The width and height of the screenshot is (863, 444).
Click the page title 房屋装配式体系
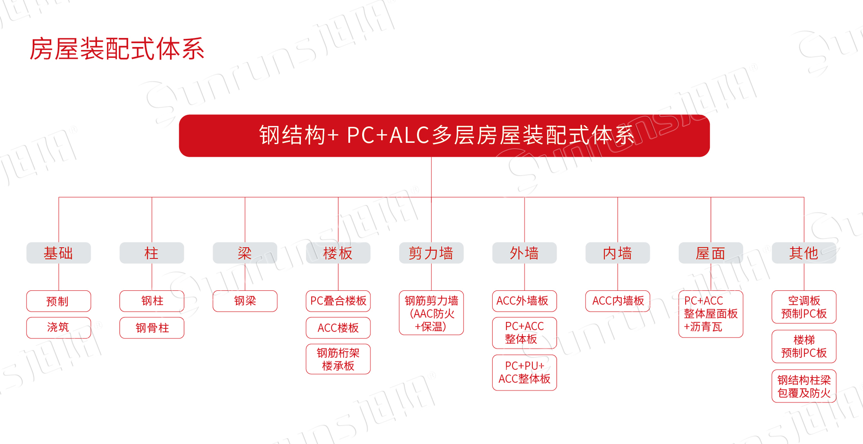(x=117, y=49)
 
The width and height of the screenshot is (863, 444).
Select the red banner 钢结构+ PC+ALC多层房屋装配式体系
(x=444, y=136)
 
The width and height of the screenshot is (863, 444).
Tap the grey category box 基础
(x=58, y=253)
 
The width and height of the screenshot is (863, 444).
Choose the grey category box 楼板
(x=338, y=253)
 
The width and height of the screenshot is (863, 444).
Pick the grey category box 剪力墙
(x=431, y=253)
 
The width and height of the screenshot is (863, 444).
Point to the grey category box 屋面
(x=711, y=253)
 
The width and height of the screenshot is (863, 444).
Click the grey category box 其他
(x=804, y=253)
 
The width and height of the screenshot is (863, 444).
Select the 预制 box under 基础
(x=58, y=301)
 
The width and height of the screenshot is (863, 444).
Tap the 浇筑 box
(x=58, y=328)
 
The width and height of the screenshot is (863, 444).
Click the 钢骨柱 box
(x=152, y=328)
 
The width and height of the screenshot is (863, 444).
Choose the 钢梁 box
(x=245, y=301)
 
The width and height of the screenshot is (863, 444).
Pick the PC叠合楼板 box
(x=338, y=301)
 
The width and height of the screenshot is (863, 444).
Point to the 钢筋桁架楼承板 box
(x=338, y=359)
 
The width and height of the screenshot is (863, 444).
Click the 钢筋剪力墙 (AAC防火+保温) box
(x=431, y=313)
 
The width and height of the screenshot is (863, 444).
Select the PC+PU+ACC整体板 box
(x=525, y=373)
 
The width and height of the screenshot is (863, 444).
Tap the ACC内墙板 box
(x=618, y=301)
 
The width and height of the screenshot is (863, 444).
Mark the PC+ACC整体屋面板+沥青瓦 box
(x=711, y=314)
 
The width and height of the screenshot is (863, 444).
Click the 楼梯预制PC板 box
(x=804, y=346)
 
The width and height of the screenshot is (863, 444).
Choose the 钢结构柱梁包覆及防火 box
(x=804, y=386)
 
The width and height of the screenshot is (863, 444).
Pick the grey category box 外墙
(x=525, y=253)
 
